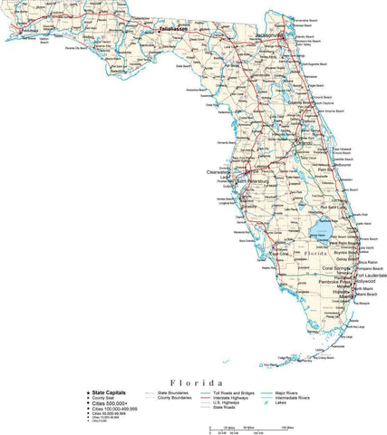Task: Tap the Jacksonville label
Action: [270, 34]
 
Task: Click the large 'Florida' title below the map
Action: [192, 383]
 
